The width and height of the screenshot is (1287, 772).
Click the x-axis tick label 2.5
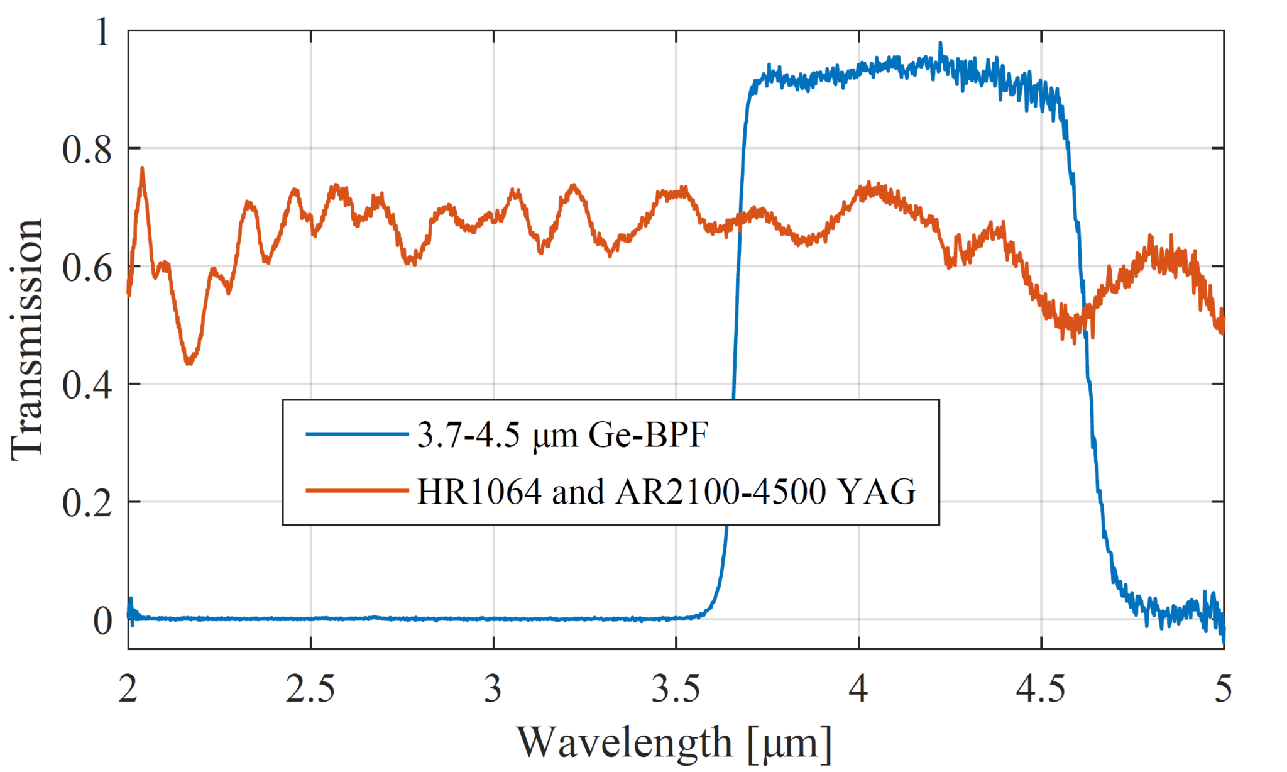pyautogui.click(x=310, y=690)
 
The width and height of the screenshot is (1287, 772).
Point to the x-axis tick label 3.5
pyautogui.click(x=676, y=690)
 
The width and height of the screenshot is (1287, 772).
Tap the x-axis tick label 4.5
pyautogui.click(x=1041, y=690)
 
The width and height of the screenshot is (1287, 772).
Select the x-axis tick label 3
pyautogui.click(x=493, y=690)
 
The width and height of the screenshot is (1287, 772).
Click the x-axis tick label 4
pyautogui.click(x=858, y=690)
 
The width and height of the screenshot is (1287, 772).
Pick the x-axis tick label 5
pyautogui.click(x=1223, y=690)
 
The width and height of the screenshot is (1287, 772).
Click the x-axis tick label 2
pyautogui.click(x=128, y=690)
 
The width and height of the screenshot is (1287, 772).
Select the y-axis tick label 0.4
pyautogui.click(x=87, y=385)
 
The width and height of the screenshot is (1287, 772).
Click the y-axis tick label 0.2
pyautogui.click(x=87, y=503)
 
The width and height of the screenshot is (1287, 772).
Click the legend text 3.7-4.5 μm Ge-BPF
pyautogui.click(x=562, y=434)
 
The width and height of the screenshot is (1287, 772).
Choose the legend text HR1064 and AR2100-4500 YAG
pyautogui.click(x=666, y=492)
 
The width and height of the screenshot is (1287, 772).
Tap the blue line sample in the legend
pyautogui.click(x=357, y=434)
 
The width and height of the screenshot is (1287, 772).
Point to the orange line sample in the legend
pyautogui.click(x=357, y=490)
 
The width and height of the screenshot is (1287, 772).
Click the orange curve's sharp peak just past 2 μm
pyautogui.click(x=143, y=168)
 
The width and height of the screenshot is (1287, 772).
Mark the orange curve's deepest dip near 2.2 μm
pyautogui.click(x=189, y=363)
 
